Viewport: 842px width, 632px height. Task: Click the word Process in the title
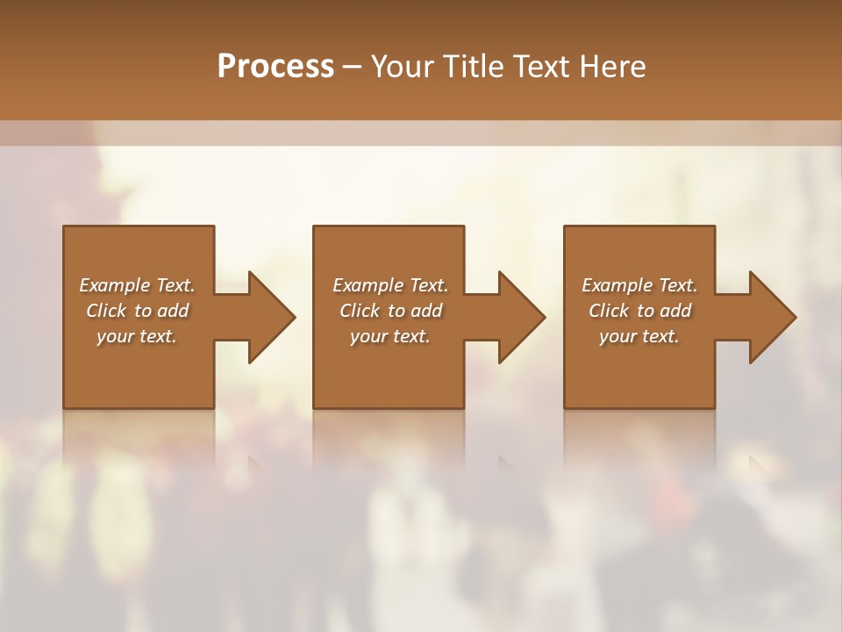275,67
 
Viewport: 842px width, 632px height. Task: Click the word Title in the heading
469,67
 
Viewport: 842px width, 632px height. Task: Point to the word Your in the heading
403,67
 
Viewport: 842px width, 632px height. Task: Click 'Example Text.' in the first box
138,285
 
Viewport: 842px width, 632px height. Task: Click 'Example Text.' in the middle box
390,285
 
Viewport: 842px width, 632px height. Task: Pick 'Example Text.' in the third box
639,285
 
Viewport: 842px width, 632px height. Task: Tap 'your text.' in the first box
137,336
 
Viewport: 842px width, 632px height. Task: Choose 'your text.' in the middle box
390,336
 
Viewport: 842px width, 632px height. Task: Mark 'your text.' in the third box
639,336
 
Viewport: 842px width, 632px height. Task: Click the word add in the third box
676,311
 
